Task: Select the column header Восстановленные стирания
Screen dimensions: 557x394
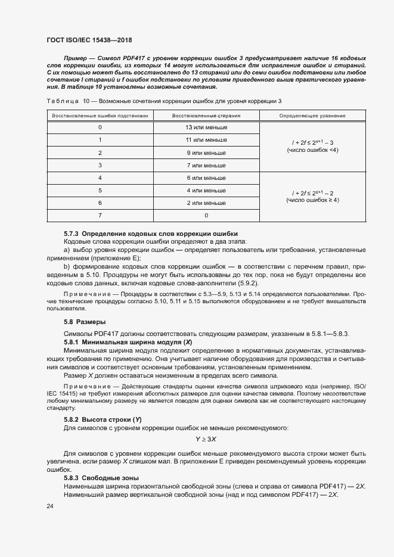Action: pos(206,115)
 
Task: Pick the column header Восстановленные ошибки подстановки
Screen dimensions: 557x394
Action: pos(100,115)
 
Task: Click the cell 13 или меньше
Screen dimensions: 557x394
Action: pos(206,127)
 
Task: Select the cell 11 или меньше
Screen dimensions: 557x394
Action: pos(206,140)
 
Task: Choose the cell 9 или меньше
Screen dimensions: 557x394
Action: pos(206,153)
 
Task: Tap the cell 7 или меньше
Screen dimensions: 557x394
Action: pos(206,165)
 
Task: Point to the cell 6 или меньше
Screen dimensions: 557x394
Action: pos(206,178)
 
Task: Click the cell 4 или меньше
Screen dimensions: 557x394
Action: pos(206,191)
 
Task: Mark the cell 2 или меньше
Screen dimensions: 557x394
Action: pos(206,203)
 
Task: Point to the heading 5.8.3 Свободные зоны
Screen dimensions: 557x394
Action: pos(101,478)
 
